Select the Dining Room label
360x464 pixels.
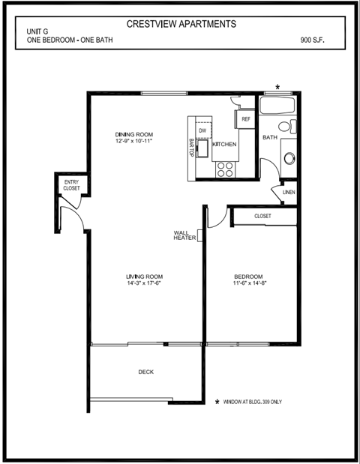click(x=134, y=135)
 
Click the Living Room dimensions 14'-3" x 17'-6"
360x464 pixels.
click(x=145, y=283)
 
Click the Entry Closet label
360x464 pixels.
click(x=71, y=185)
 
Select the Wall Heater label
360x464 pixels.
click(x=184, y=235)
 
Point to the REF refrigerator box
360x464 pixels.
click(x=246, y=118)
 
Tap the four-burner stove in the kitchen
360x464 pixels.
click(x=225, y=168)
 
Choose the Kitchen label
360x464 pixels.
click(x=225, y=144)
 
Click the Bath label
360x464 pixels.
click(x=269, y=138)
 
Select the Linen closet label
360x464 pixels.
click(x=289, y=193)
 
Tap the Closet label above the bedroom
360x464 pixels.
click(x=262, y=216)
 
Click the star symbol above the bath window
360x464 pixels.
click(x=278, y=88)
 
